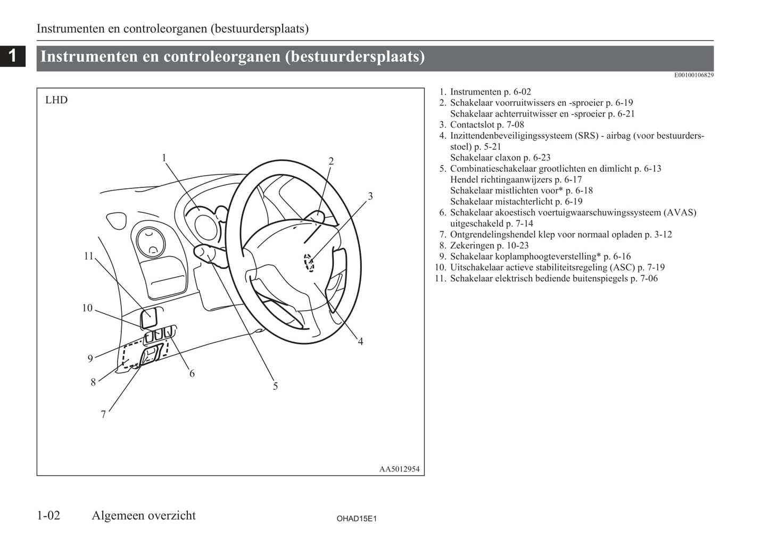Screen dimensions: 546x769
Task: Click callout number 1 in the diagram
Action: point(164,158)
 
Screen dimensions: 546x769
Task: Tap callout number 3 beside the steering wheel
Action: point(370,196)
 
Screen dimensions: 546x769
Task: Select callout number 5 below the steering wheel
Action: point(275,386)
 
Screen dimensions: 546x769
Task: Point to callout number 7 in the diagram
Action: point(103,415)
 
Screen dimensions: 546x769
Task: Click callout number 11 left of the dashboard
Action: point(88,256)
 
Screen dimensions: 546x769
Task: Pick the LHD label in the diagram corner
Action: point(56,100)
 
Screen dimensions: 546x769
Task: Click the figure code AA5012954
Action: point(399,469)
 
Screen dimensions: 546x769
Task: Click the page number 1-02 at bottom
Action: point(48,515)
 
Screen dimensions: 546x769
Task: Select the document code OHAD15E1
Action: point(357,518)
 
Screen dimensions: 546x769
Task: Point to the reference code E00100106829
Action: point(694,75)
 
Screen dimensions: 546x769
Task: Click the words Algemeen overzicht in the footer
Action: point(144,515)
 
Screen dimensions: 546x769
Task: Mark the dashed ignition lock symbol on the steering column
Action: point(309,262)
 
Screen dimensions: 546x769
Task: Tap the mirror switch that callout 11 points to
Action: point(148,318)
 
